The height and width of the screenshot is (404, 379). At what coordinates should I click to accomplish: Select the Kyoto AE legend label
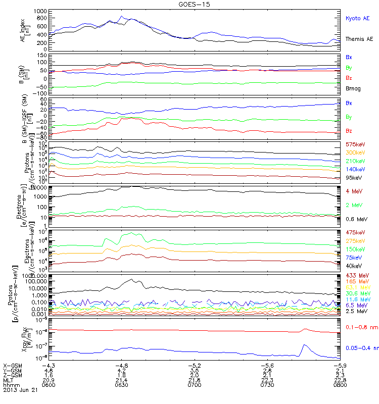pyautogui.click(x=357, y=18)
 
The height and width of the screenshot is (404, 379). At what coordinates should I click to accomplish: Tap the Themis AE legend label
pyautogui.click(x=358, y=39)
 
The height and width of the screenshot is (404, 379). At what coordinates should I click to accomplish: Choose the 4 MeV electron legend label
pyautogui.click(x=354, y=191)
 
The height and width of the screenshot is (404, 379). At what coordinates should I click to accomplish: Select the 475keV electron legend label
pyautogui.click(x=355, y=232)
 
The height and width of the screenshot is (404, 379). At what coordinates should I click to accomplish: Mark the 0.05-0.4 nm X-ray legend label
pyautogui.click(x=361, y=347)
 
